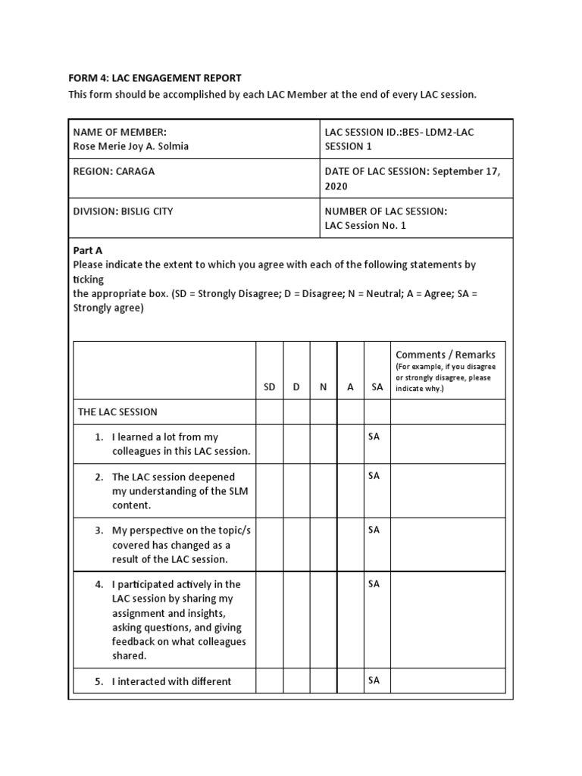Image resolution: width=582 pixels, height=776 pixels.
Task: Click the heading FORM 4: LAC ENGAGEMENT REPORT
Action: click(155, 78)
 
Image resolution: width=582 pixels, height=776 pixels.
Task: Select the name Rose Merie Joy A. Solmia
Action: click(130, 146)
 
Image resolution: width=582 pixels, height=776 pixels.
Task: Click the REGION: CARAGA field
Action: click(114, 171)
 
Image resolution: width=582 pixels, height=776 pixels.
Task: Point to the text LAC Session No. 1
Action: click(368, 226)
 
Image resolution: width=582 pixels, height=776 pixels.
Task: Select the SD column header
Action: click(269, 386)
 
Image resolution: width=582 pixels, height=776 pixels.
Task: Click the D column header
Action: click(296, 386)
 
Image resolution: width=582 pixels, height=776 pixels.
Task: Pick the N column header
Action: click(324, 386)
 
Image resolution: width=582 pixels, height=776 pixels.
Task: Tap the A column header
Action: click(350, 386)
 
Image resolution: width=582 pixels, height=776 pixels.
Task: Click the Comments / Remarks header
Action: click(446, 355)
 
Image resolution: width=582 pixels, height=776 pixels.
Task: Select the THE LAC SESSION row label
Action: click(117, 412)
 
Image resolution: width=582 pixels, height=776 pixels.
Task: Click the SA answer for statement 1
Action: click(374, 437)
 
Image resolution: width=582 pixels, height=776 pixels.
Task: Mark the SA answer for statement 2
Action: click(374, 476)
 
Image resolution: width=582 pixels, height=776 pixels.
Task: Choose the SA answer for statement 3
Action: click(374, 530)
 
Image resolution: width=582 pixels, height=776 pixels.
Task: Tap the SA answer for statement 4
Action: click(374, 584)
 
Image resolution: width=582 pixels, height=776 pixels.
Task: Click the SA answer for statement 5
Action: click(374, 681)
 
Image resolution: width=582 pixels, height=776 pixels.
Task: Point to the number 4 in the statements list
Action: click(99, 584)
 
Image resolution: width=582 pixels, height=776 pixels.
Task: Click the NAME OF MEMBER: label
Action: click(119, 132)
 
